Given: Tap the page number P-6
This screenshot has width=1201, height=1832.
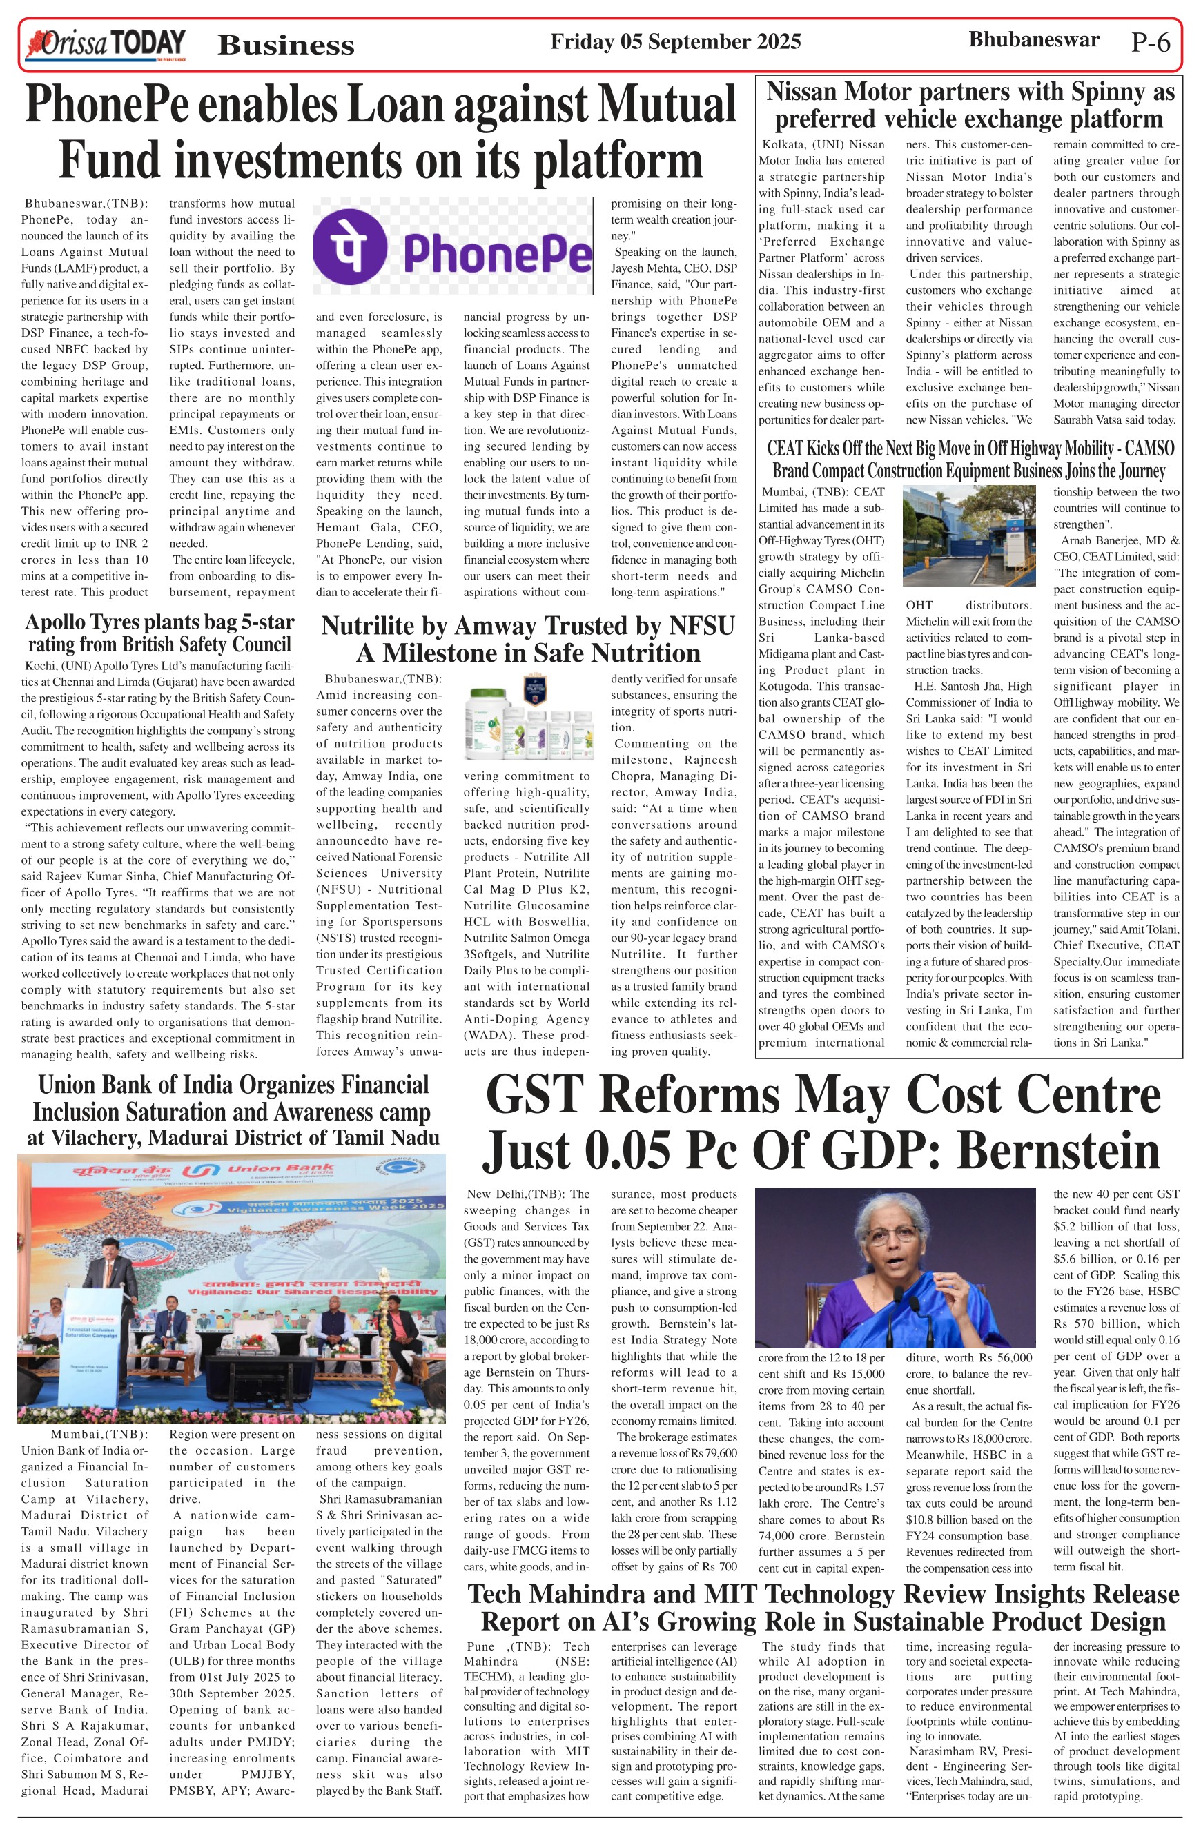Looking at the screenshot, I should (1150, 42).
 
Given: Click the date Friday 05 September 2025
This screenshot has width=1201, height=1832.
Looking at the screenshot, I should (675, 41).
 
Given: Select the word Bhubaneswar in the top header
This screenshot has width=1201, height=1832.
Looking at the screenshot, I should (1033, 39).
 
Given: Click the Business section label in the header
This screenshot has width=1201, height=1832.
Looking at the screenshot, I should (286, 46).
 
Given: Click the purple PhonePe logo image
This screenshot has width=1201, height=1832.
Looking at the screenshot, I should (453, 246).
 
